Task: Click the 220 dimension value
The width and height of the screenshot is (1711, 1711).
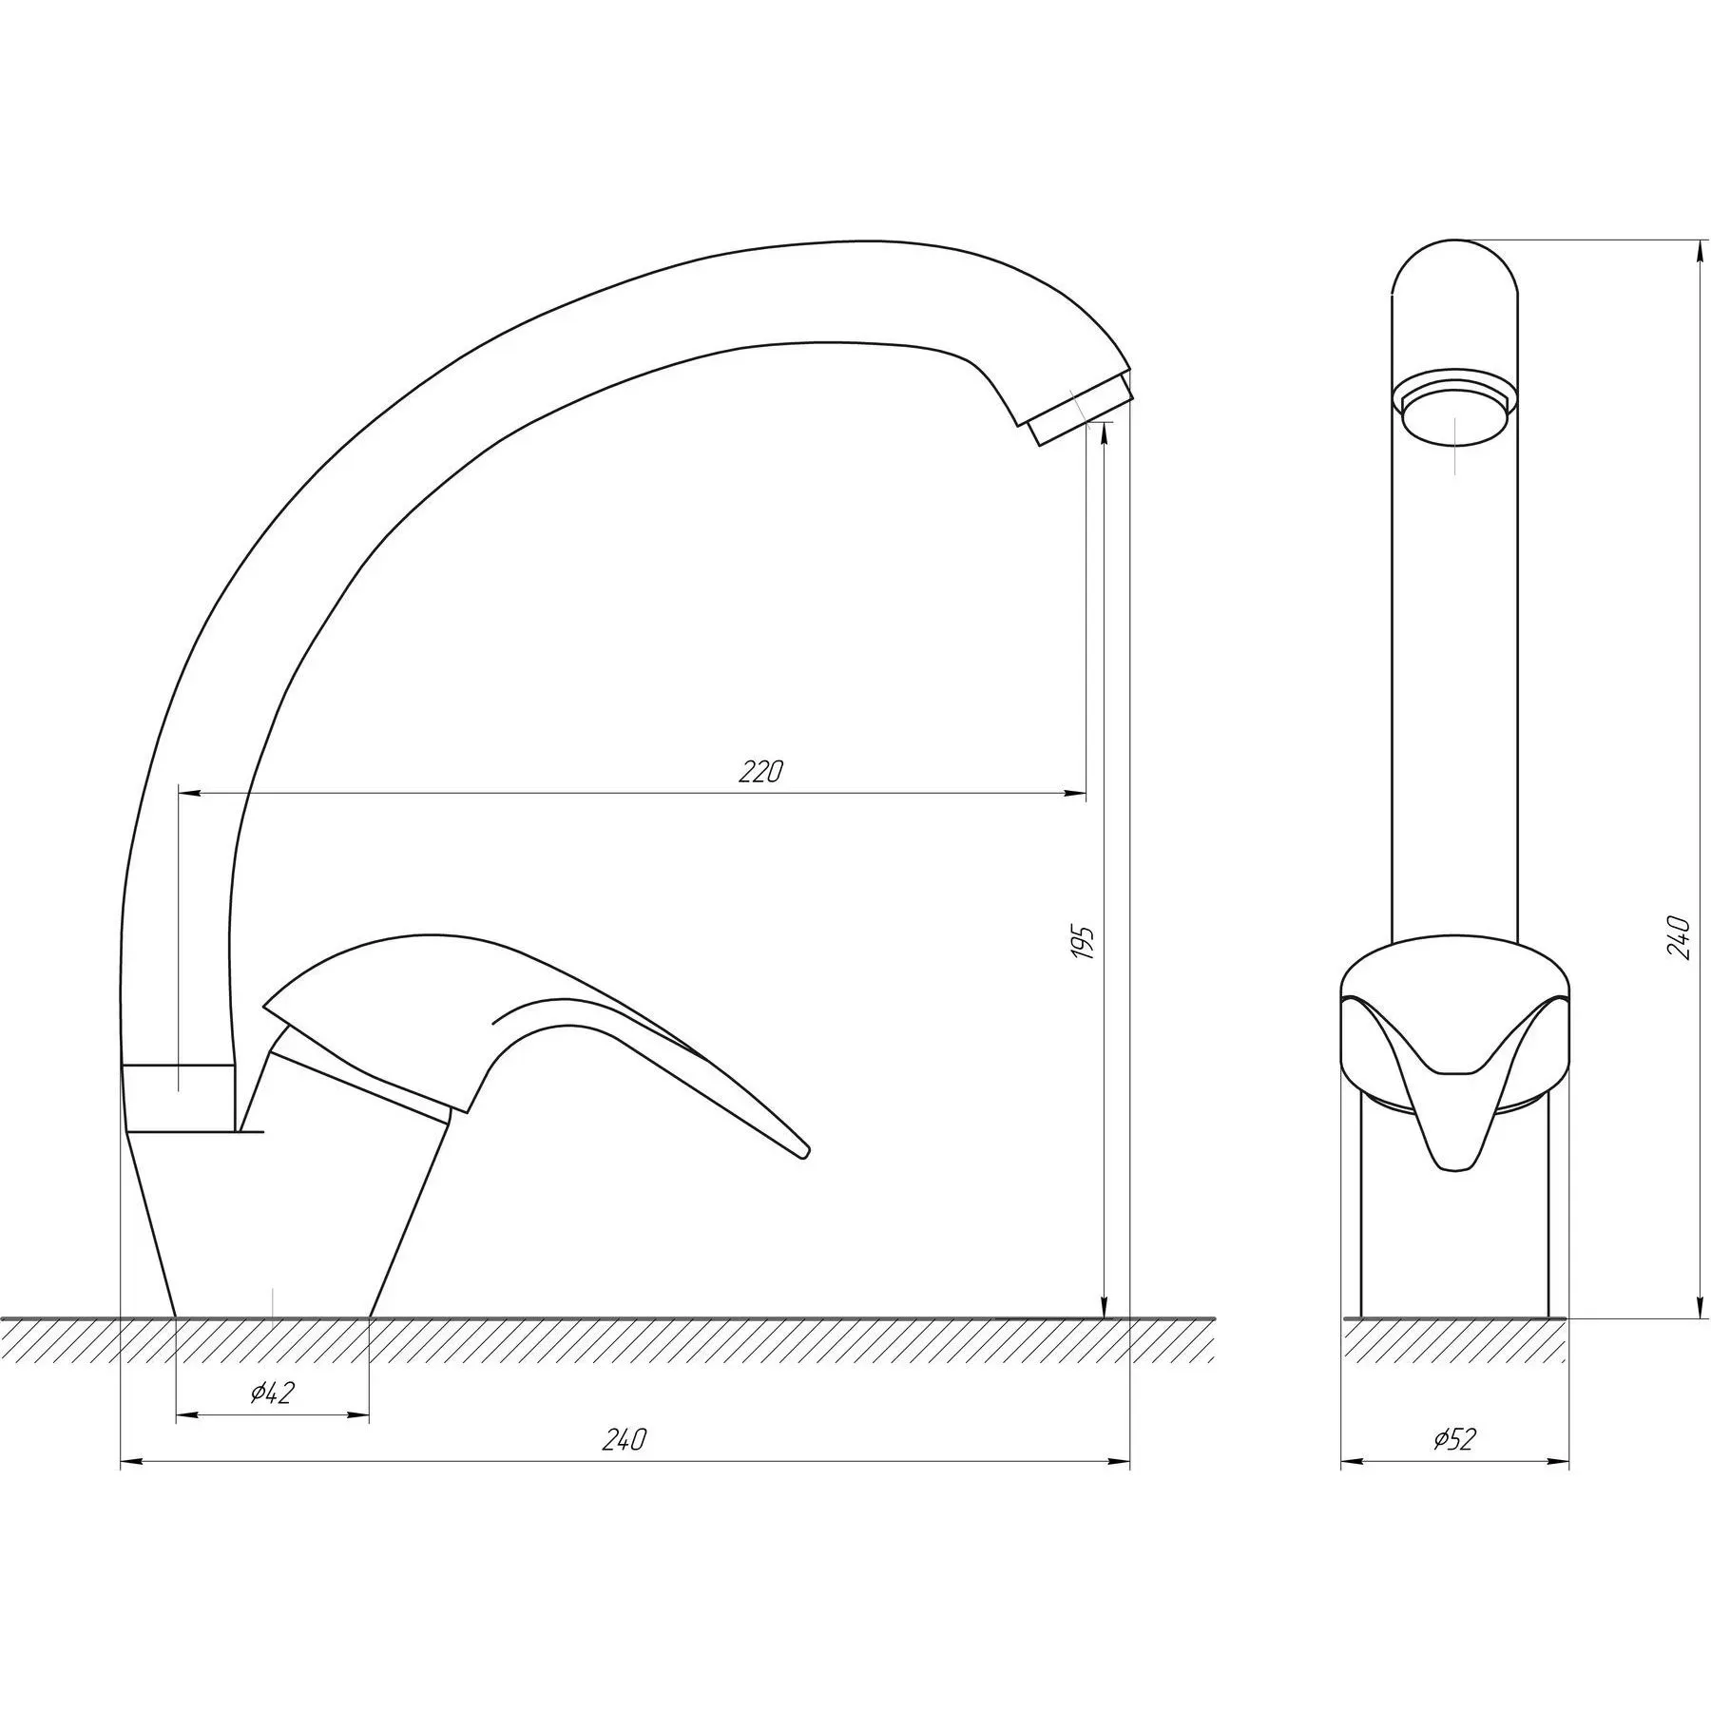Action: pos(760,772)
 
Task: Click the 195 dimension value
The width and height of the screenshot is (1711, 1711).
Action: pos(1085,941)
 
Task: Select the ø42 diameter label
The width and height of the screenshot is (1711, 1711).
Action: pos(273,1394)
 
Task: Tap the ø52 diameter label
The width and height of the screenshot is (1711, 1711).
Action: pos(1454,1467)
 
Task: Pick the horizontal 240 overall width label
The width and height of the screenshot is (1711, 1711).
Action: pos(624,1467)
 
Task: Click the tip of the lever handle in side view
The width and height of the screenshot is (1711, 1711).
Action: pos(806,1152)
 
